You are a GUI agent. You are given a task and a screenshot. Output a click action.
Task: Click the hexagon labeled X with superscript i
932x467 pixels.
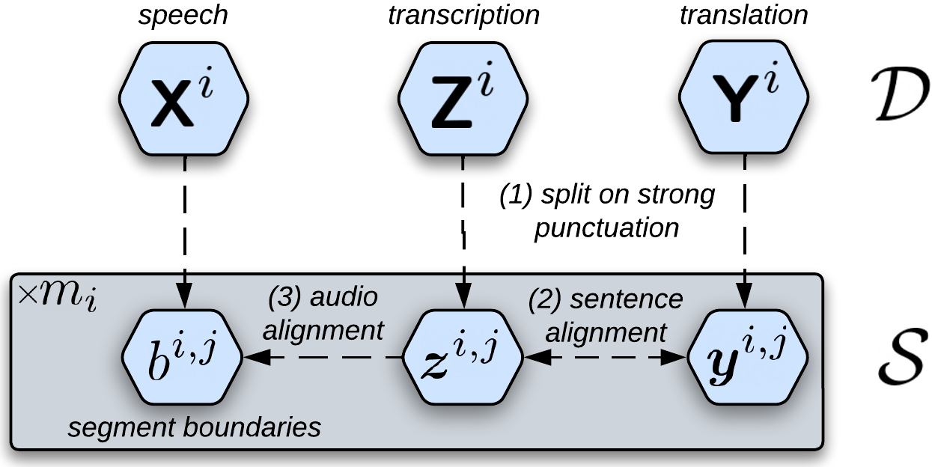point(183,98)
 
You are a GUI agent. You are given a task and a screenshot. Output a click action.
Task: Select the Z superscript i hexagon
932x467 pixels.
point(463,98)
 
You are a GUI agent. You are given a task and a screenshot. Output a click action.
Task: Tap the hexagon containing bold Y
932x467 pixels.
point(743,98)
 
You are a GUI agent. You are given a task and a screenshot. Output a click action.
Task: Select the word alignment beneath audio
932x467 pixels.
point(323,329)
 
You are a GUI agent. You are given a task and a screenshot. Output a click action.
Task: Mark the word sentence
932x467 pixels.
point(627,299)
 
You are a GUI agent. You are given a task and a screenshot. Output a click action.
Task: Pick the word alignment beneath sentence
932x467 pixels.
point(606,331)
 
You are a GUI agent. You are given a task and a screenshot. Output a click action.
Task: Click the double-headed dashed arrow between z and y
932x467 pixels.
point(605,359)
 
